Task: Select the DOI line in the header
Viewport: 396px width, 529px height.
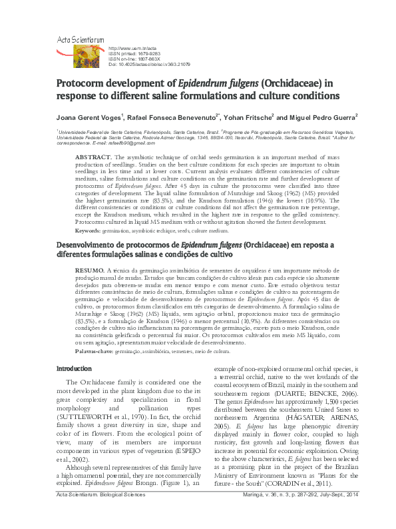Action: coord(149,64)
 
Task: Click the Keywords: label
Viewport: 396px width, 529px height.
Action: coord(88,230)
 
